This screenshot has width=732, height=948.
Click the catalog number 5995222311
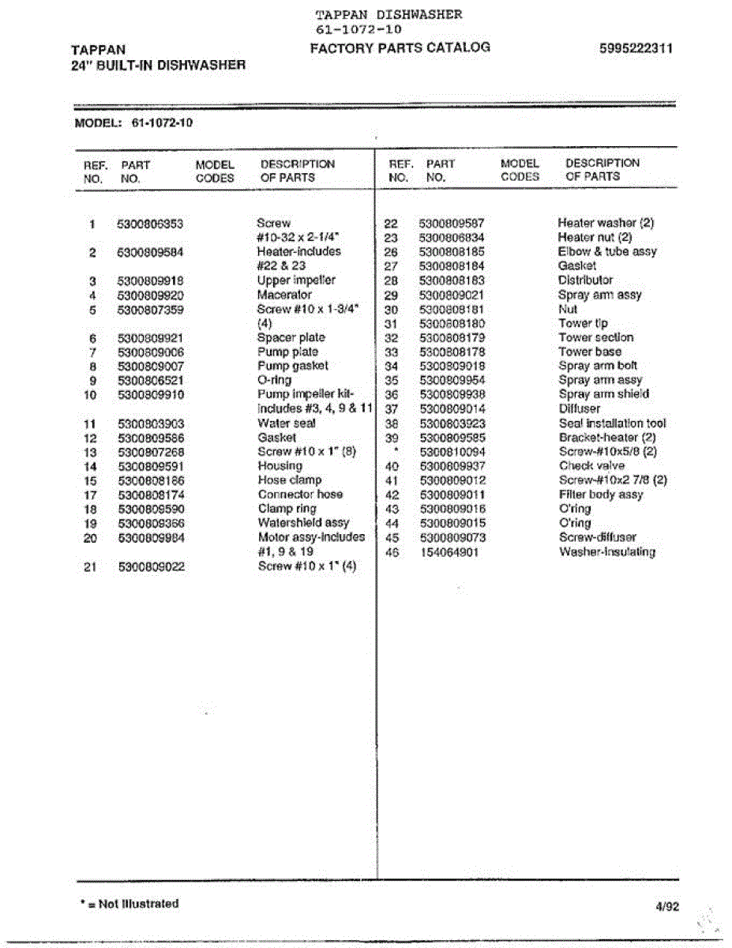tap(636, 49)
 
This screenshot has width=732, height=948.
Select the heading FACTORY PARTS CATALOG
tap(400, 47)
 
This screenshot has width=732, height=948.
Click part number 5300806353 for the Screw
tap(149, 224)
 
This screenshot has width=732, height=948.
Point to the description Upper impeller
tap(296, 280)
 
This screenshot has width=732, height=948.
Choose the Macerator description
tap(284, 295)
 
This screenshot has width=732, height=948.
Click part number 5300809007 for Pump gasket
tap(150, 367)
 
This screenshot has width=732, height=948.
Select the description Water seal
tap(287, 423)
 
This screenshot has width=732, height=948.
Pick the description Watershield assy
tap(303, 523)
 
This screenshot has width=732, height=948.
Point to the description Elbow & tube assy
tap(606, 252)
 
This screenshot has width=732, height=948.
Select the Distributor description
tap(585, 280)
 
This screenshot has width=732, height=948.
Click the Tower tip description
tap(583, 324)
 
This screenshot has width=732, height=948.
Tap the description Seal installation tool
tap(612, 423)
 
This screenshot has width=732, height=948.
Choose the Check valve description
tap(591, 466)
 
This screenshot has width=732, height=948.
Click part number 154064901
tap(449, 552)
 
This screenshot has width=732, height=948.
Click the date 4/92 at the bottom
tap(666, 907)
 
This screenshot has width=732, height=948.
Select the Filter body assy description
tap(600, 495)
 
